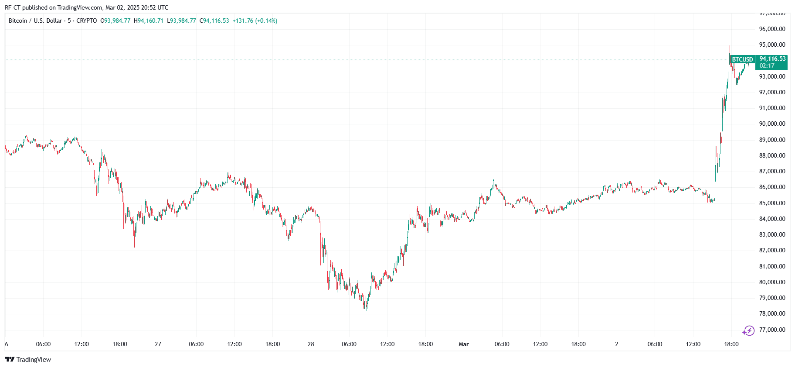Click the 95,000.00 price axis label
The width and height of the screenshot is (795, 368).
(772, 45)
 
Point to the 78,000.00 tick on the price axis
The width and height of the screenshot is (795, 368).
(772, 313)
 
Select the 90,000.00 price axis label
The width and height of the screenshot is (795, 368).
(772, 124)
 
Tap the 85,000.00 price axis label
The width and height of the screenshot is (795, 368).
(772, 203)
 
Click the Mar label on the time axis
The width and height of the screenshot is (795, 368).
(463, 344)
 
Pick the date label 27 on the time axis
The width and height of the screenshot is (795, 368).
(158, 344)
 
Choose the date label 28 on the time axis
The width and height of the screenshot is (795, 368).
(311, 344)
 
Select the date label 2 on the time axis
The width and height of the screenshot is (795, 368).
(616, 344)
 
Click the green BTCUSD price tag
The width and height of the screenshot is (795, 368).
(742, 59)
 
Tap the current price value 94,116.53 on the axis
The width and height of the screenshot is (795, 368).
(772, 58)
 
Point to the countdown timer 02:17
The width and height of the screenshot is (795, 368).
(767, 66)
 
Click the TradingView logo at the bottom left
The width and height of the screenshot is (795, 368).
(28, 359)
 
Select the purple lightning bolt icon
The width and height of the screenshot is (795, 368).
(749, 330)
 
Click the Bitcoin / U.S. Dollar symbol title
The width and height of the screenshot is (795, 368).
(35, 21)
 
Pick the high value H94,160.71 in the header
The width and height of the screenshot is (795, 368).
(149, 21)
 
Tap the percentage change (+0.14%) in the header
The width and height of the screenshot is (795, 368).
(266, 21)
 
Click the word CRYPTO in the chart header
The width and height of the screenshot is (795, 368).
(87, 21)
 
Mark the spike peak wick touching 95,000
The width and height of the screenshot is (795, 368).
(730, 47)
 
